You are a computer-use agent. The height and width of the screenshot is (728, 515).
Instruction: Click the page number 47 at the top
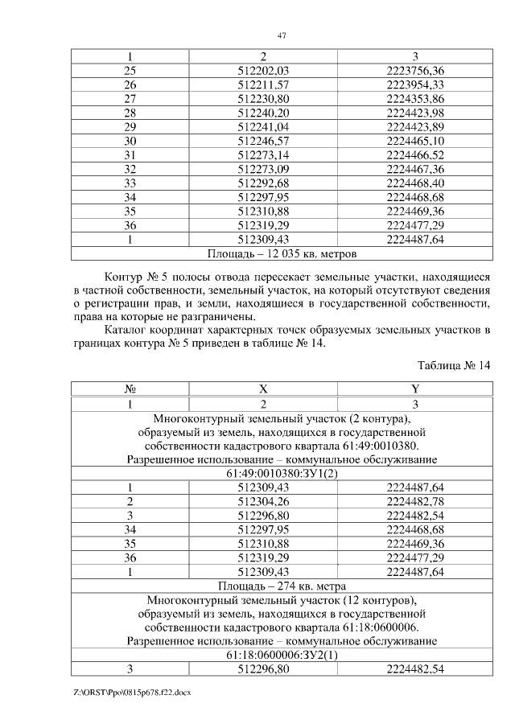coord(282,35)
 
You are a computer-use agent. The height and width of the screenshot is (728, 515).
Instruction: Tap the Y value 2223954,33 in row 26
coord(414,84)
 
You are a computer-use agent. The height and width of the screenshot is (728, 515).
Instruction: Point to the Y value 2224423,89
coord(414,126)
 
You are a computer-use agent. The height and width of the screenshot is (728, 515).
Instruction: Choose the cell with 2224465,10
coord(414,141)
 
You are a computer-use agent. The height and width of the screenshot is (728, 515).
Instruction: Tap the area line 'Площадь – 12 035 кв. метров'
coord(282,253)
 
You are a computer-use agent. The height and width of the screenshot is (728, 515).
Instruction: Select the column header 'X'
coord(263,389)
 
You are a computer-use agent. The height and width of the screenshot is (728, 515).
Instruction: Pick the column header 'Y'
coord(414,389)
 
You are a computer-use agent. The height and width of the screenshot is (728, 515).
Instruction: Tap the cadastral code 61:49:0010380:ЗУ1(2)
coord(282,474)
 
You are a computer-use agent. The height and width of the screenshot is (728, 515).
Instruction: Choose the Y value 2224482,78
coord(414,502)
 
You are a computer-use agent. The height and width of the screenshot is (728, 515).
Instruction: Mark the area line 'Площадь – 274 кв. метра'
coord(282,586)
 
